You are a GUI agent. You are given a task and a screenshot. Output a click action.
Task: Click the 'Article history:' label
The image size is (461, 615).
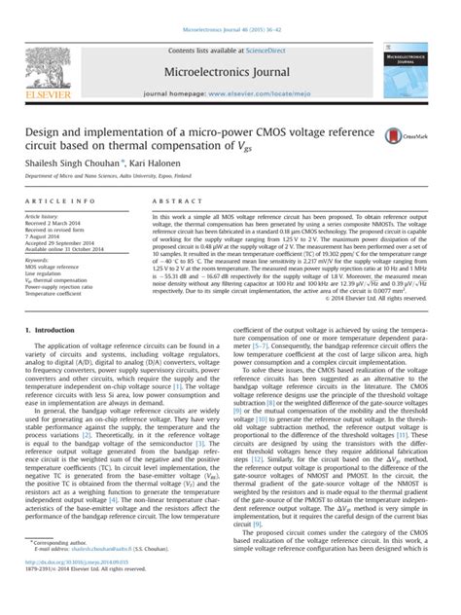[x=43, y=213]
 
